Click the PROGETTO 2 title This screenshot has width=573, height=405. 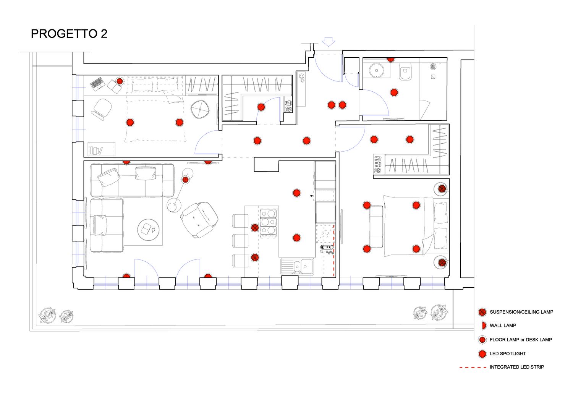(69, 34)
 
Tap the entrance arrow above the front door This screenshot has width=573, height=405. (328, 42)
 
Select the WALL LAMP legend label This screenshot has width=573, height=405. (503, 326)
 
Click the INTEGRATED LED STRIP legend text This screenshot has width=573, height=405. (516, 367)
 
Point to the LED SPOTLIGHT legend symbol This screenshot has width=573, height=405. (482, 353)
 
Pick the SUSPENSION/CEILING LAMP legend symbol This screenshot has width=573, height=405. (482, 312)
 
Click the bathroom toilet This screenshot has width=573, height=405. (405, 72)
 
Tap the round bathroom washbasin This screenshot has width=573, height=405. (377, 70)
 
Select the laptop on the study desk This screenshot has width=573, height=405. (97, 83)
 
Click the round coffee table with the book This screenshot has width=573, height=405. (148, 230)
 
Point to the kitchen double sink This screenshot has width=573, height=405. (298, 266)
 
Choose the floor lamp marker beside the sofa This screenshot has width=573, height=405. (185, 180)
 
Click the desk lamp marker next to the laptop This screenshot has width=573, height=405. (120, 81)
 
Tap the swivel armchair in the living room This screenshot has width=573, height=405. (199, 220)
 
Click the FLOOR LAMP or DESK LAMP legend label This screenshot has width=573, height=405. (521, 340)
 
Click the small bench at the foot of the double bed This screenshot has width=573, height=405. (376, 226)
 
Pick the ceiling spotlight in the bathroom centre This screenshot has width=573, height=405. (394, 92)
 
